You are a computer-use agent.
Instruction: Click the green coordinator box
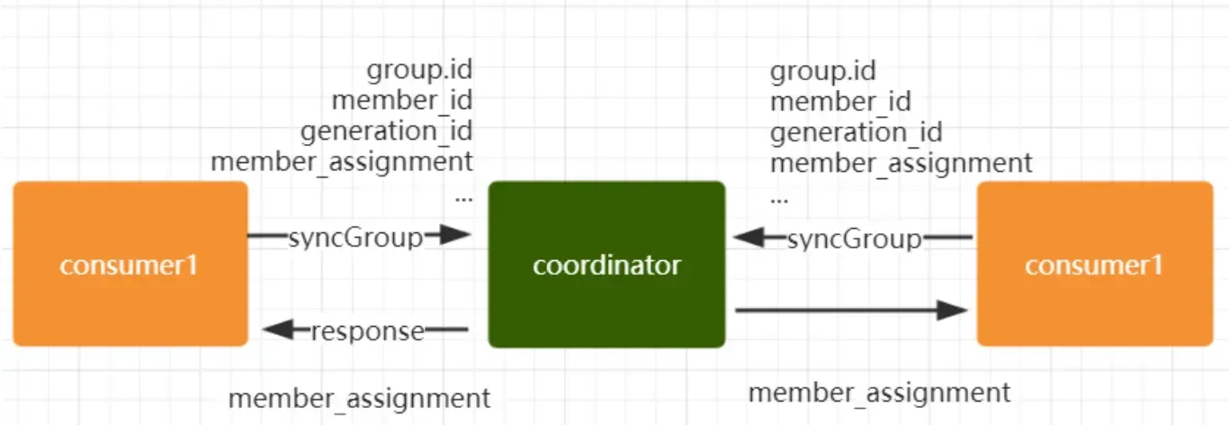click(x=606, y=265)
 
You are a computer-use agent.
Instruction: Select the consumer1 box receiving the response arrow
click(x=130, y=265)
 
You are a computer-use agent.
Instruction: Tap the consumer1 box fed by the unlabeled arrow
click(x=1094, y=265)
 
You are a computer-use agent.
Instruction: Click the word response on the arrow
click(x=367, y=330)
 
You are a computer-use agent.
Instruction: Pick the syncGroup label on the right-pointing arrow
click(x=355, y=238)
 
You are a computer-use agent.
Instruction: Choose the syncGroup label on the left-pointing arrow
click(x=855, y=239)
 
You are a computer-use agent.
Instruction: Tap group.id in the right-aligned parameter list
click(x=419, y=69)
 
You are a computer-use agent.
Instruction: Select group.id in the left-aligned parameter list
click(x=823, y=70)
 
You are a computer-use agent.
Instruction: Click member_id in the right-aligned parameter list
click(x=401, y=100)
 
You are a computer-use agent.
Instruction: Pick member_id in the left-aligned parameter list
click(x=840, y=101)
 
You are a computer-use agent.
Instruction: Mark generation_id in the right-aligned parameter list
click(x=386, y=131)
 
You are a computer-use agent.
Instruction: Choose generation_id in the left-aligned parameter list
click(x=856, y=132)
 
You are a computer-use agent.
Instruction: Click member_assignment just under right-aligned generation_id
click(x=341, y=162)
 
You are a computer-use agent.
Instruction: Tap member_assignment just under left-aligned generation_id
click(x=902, y=163)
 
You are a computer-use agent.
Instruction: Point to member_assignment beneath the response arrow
click(x=359, y=398)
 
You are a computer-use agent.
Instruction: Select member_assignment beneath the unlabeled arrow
click(x=879, y=393)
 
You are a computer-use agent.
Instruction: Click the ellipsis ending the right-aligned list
click(x=463, y=196)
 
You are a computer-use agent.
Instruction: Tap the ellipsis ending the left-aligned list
click(x=779, y=196)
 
